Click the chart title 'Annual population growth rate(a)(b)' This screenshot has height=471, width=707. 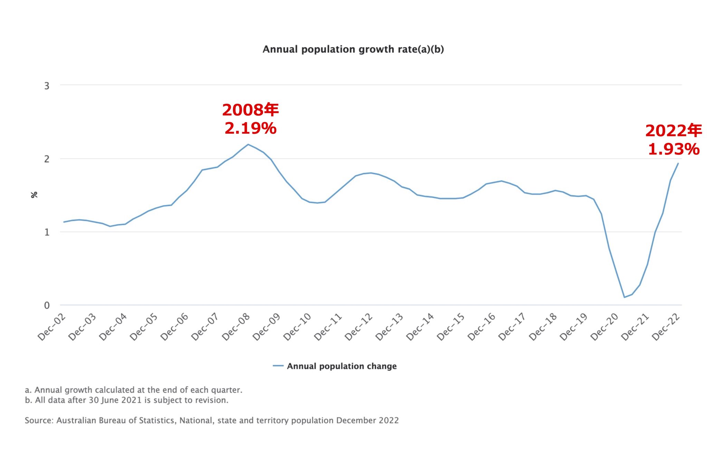click(x=353, y=49)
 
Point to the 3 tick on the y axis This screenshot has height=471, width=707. click(x=47, y=86)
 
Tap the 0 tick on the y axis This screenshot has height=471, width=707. click(x=47, y=305)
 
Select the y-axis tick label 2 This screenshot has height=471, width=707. click(x=47, y=159)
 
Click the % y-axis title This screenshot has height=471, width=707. click(x=34, y=195)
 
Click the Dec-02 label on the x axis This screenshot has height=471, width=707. click(x=52, y=327)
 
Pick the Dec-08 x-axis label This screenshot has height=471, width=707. click(x=236, y=327)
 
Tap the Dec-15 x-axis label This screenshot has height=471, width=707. click(x=451, y=327)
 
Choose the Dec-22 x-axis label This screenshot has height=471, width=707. click(x=666, y=327)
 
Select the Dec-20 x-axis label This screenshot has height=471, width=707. click(x=604, y=327)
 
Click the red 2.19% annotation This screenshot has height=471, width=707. click(x=251, y=128)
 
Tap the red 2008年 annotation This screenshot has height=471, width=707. click(x=251, y=110)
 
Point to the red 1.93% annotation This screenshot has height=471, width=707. click(x=674, y=149)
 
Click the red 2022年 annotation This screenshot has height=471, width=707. click(x=674, y=131)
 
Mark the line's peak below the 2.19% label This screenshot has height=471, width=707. click(x=248, y=144)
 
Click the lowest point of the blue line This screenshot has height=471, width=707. click(x=624, y=297)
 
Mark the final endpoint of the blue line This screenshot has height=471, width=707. click(x=678, y=163)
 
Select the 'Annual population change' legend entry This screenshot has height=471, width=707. click(x=341, y=366)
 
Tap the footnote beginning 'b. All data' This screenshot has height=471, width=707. click(x=127, y=400)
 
